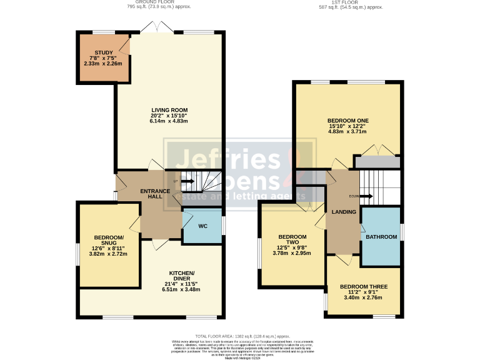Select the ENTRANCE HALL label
pyautogui.click(x=151, y=192)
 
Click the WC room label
pyautogui.click(x=202, y=226)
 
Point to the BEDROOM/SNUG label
pyautogui.click(x=109, y=240)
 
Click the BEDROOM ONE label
pyautogui.click(x=347, y=120)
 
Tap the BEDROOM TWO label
pyautogui.click(x=292, y=241)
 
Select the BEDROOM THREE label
pyautogui.click(x=363, y=287)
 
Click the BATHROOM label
pyautogui.click(x=381, y=237)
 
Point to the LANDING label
pyautogui.click(x=344, y=212)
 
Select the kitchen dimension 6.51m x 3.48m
pyautogui.click(x=181, y=289)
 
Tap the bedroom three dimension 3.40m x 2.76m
pyautogui.click(x=363, y=298)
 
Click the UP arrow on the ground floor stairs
pyautogui.click(x=187, y=181)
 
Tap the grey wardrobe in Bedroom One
pyautogui.click(x=377, y=162)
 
